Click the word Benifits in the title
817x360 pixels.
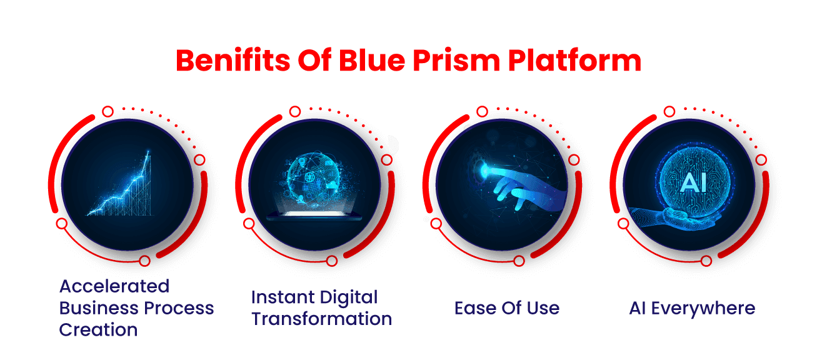pos(233,60)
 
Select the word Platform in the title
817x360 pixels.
pos(575,60)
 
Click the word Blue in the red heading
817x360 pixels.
pos(372,60)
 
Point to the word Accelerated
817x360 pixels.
pos(114,286)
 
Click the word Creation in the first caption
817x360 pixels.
pos(99,330)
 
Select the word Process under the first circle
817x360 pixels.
pos(179,308)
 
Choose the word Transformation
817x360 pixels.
pos(322,319)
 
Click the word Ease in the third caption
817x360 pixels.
pos(476,308)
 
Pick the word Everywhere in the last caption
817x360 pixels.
pos(703,309)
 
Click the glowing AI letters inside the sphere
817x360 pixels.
pos(693,182)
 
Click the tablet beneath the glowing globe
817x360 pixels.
pos(314,216)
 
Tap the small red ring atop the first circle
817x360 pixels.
pos(108,111)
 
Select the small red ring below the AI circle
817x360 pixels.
pos(706,261)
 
